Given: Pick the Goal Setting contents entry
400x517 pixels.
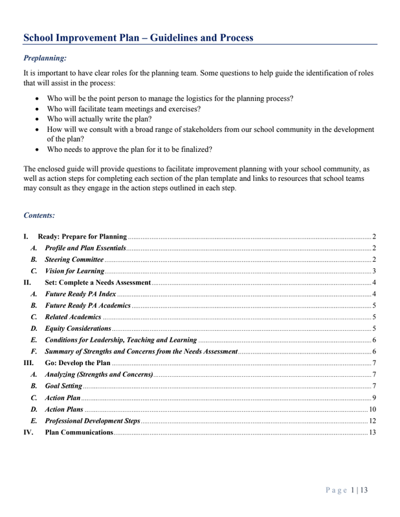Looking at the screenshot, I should click(63, 386).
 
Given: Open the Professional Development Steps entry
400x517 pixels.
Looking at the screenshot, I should click(93, 421).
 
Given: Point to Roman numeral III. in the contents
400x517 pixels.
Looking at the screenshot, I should click(28, 363).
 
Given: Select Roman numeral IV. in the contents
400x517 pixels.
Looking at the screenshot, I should click(28, 432).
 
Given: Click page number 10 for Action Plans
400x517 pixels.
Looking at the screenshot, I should click(372, 409).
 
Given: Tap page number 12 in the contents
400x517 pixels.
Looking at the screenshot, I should click(372, 421).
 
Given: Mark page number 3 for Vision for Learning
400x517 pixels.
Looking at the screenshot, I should click(374, 271).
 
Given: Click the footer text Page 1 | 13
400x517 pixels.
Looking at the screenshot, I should click(347, 490).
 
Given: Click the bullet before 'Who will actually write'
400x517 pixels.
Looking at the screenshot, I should click(38, 120).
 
